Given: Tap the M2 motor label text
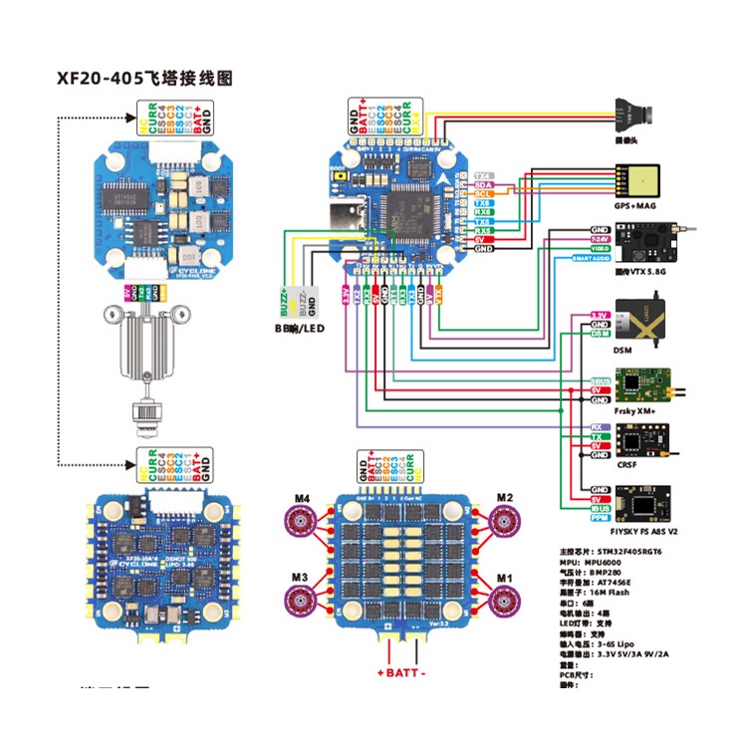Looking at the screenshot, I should point(504,496).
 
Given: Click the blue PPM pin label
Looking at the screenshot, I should point(600,517).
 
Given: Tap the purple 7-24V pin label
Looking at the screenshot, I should point(601,238).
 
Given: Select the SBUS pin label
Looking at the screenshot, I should point(600,380).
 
